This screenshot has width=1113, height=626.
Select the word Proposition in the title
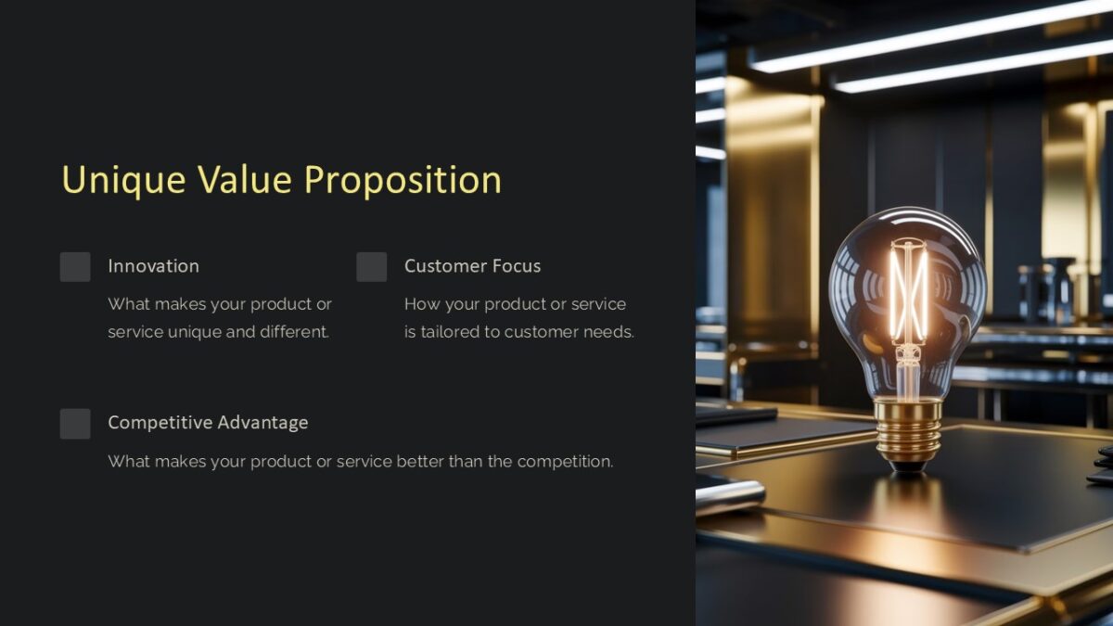[403, 180]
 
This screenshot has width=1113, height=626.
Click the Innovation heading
[153, 266]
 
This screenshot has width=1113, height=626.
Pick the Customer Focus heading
[472, 266]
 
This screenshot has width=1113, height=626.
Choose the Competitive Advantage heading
[208, 423]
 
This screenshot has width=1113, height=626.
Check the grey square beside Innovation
[75, 267]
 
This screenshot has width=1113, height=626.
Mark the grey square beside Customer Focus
[372, 267]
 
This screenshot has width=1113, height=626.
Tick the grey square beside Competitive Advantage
[75, 424]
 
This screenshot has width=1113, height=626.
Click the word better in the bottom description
[420, 462]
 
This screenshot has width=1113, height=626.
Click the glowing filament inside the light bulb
[908, 292]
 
